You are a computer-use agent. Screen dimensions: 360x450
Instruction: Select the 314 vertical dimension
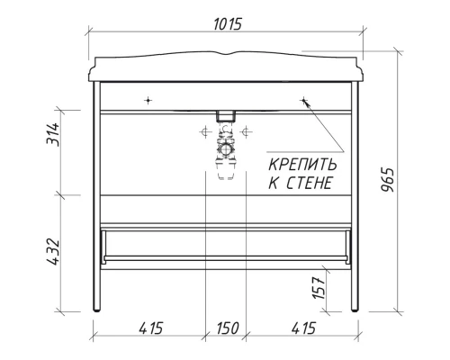click(53, 135)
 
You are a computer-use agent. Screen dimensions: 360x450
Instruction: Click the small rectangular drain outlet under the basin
click(226, 115)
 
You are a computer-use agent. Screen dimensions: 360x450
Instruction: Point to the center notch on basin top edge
click(226, 57)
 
